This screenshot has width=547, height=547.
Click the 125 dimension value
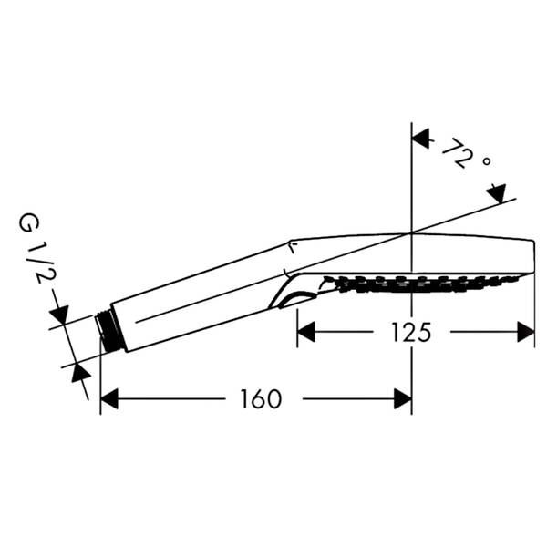click(411, 332)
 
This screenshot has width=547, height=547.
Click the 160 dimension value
click(261, 399)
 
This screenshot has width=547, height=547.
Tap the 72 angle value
click(459, 152)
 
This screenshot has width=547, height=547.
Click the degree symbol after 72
click(487, 161)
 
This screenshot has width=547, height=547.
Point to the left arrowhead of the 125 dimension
click(306, 332)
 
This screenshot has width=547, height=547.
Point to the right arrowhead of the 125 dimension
click(526, 332)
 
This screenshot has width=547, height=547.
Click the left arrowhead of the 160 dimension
click(109, 398)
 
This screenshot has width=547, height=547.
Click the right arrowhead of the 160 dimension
click(403, 398)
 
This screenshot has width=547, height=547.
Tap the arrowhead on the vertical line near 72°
click(420, 139)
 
